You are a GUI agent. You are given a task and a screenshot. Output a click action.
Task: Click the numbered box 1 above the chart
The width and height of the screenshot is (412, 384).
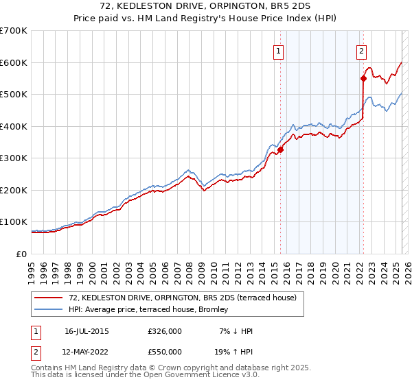(279, 50)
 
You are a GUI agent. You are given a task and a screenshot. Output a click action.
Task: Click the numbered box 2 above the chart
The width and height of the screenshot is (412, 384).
(361, 50)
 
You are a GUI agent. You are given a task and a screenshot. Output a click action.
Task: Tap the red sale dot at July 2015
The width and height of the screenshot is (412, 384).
(280, 150)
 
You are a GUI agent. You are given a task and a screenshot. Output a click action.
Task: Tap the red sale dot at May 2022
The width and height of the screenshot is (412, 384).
(363, 79)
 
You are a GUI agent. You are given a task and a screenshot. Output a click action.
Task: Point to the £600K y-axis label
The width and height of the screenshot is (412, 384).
(13, 62)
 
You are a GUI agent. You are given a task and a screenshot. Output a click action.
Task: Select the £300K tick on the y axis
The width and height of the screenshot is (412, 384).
(13, 158)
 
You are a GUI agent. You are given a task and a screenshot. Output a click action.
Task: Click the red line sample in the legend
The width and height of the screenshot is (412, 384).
(49, 298)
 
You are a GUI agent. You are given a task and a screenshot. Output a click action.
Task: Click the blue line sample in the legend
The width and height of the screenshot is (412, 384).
(49, 310)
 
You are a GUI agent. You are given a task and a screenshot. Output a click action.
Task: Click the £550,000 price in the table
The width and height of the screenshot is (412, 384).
(165, 351)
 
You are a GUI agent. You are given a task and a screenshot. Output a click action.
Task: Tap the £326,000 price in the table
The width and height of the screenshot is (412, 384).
(165, 331)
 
